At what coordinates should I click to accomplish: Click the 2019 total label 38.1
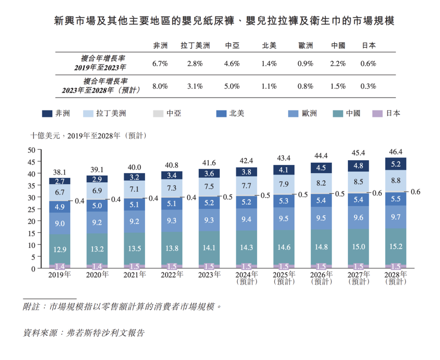60,172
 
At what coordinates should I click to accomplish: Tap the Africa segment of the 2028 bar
396,164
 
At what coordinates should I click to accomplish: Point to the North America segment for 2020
97,206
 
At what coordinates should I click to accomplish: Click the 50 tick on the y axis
32,150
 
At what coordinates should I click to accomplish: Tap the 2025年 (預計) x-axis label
284,278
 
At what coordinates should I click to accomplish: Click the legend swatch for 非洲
47,113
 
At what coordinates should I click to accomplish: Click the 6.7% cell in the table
160,64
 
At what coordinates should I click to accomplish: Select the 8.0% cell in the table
160,86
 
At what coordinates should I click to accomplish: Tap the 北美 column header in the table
269,46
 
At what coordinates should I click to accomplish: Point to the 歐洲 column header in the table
305,46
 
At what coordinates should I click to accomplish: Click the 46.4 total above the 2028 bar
396,152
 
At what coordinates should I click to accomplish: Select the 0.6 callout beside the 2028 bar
415,192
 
